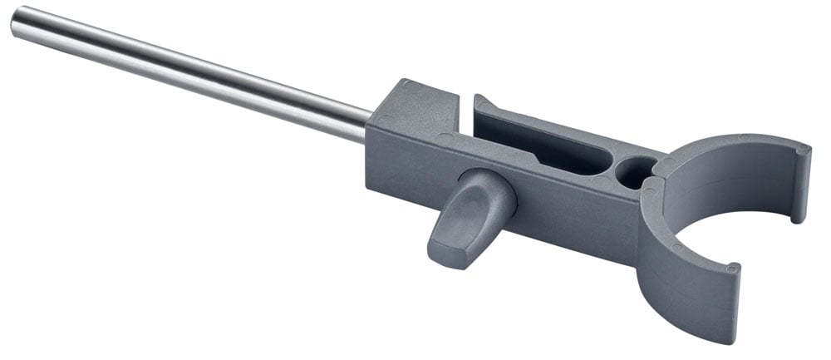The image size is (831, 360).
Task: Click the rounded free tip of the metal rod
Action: pyautogui.click(x=17, y=22)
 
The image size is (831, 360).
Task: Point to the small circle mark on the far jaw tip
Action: pyautogui.click(x=801, y=150)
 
